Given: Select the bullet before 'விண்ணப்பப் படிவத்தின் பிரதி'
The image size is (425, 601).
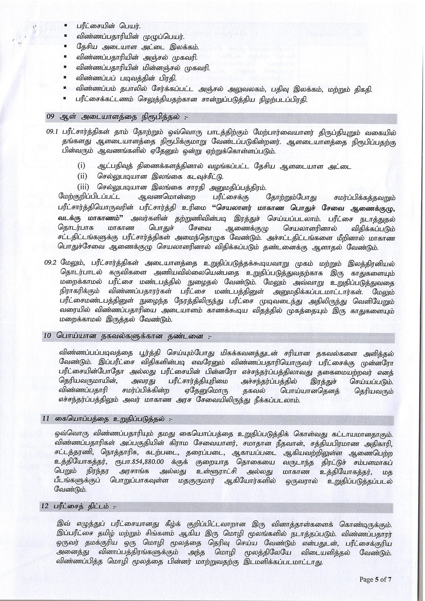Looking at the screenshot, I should tap(65, 78).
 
